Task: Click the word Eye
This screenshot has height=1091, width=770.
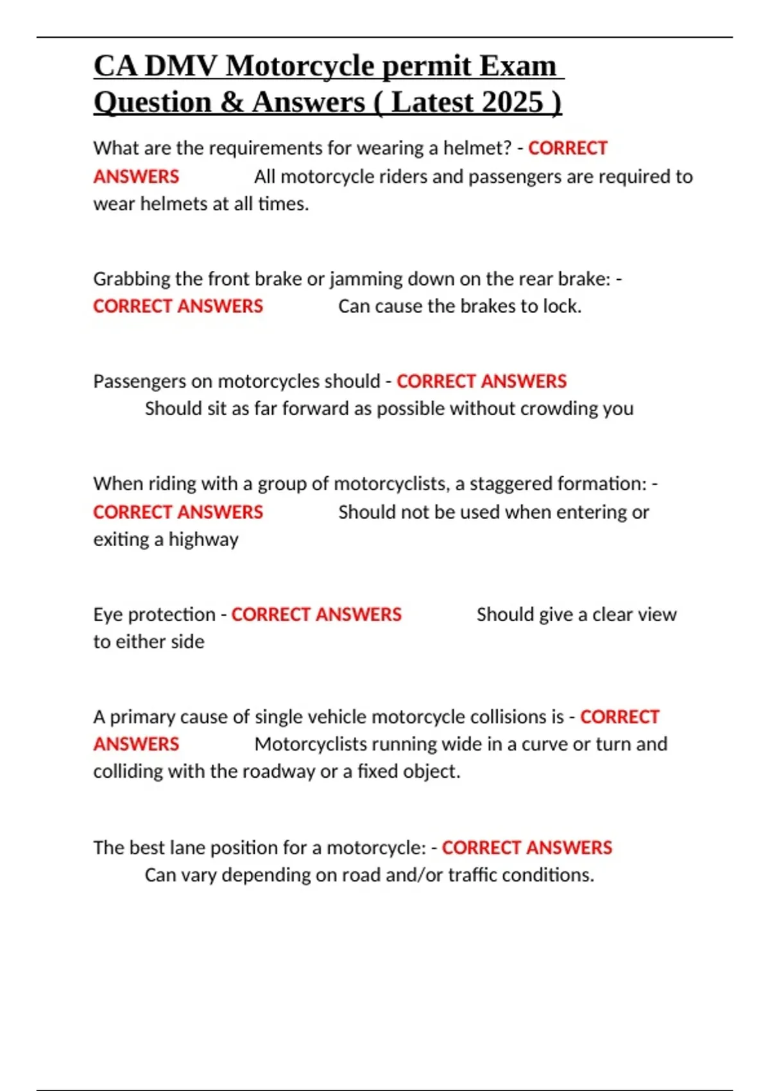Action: coord(108,615)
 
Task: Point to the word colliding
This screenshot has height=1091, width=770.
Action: coord(128,771)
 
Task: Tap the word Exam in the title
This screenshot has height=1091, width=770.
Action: coord(518,66)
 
